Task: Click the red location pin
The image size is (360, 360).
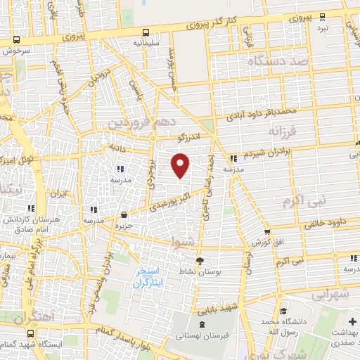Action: pyautogui.click(x=181, y=165)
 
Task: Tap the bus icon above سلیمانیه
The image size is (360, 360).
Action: pyautogui.click(x=146, y=32)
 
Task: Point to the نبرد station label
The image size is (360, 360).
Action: pyautogui.click(x=322, y=27)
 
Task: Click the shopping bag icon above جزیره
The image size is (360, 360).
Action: pyautogui.click(x=124, y=214)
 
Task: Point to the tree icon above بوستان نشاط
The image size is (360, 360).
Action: pyautogui.click(x=200, y=260)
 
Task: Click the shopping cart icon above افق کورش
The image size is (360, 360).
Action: pyautogui.click(x=267, y=231)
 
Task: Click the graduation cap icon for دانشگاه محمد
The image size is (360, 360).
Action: pyautogui.click(x=282, y=311)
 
